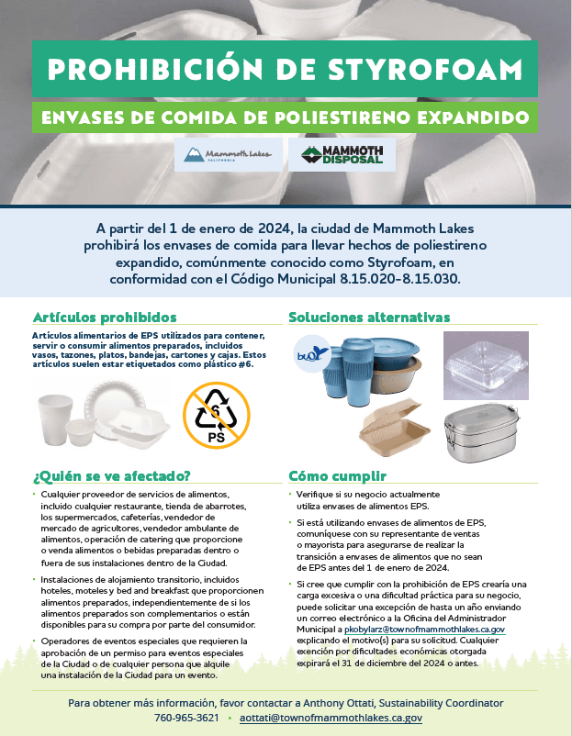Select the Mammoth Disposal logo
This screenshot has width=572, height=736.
(342, 155)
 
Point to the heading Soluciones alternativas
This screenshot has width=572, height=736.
(369, 317)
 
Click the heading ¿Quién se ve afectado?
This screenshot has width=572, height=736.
(111, 475)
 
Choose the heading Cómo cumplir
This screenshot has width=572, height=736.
(337, 475)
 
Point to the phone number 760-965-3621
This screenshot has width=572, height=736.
(186, 719)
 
